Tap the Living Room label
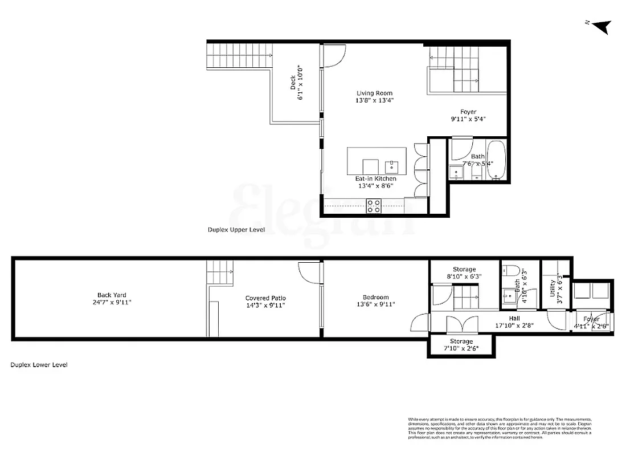pos(374,93)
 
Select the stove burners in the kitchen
pos(374,206)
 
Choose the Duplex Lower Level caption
pos(39,365)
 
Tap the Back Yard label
pos(112,295)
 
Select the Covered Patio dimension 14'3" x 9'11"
pos(265,306)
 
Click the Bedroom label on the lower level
pos(376,297)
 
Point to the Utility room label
pos(552,282)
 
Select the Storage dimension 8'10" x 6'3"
pos(464,276)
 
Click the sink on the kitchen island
pos(392,167)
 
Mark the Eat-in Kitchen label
pos(375,178)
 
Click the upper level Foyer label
pos(468,112)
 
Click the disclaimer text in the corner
pos(500,427)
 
